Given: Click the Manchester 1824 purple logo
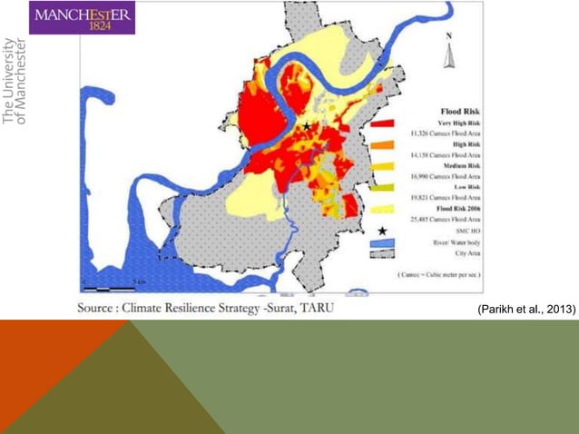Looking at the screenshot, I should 83,18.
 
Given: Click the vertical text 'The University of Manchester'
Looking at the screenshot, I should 15,80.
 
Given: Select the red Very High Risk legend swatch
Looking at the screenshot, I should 382,124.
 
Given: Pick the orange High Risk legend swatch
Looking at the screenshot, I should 382,145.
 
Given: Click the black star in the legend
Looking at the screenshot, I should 382,231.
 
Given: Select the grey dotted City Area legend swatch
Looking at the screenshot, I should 382,257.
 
